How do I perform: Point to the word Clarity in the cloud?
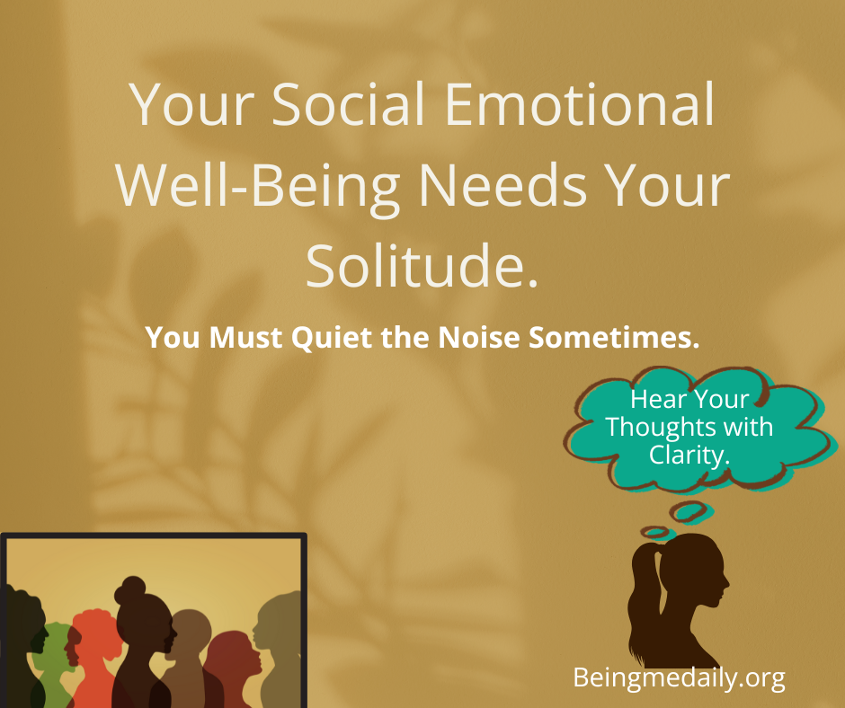tap(689, 455)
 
